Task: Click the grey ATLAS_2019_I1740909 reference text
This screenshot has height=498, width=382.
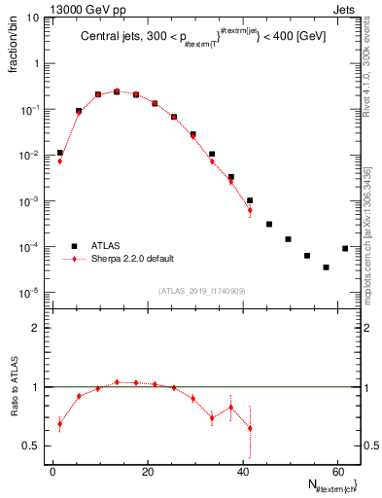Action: click(202, 291)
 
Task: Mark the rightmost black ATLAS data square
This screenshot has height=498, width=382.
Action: click(345, 248)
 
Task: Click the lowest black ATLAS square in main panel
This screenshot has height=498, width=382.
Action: click(326, 267)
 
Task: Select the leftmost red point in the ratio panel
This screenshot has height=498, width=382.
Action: click(60, 423)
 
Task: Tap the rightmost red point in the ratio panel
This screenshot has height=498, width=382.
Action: click(250, 428)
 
